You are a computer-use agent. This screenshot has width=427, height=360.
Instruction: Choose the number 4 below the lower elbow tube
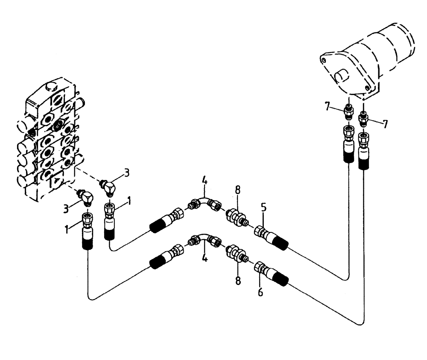pos(205,258)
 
